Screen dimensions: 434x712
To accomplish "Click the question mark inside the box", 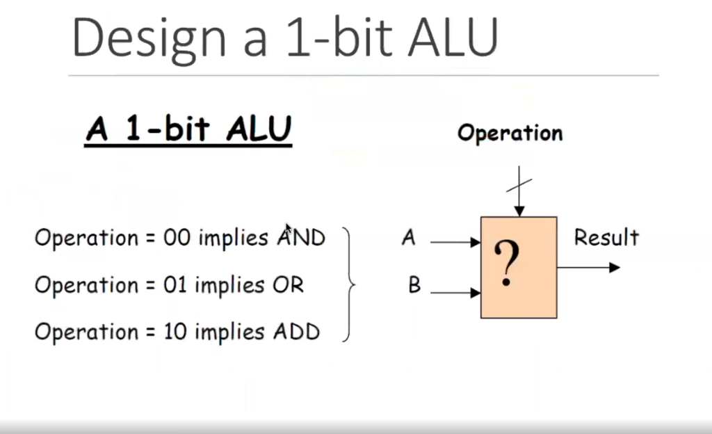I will click(x=509, y=265).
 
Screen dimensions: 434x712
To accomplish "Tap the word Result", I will click(x=606, y=238).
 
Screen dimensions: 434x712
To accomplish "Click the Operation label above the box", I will click(x=510, y=133).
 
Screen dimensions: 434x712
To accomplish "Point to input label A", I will click(x=408, y=239).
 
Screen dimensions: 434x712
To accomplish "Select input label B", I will click(x=414, y=285).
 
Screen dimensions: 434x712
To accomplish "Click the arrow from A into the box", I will click(x=455, y=243).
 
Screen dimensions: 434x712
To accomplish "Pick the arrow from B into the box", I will click(x=455, y=293).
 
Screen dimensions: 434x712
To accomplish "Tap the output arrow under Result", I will click(x=588, y=267).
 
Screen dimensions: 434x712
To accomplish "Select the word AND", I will click(x=301, y=238).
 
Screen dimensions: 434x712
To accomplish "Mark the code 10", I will click(x=177, y=332).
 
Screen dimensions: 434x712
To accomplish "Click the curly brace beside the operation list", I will click(x=349, y=284).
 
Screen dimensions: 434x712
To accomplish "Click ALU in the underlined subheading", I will click(x=258, y=129).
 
